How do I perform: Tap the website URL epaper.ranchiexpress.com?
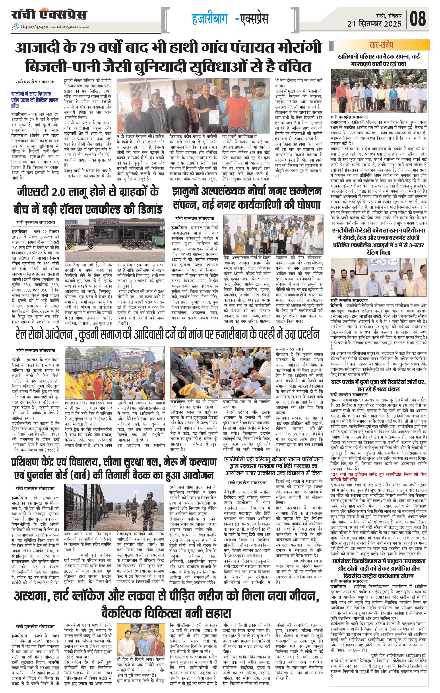pyautogui.click(x=55, y=27)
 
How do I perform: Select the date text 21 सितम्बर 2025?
pyautogui.click(x=374, y=24)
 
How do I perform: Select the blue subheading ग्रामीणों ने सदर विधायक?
pyautogui.click(x=35, y=100)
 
